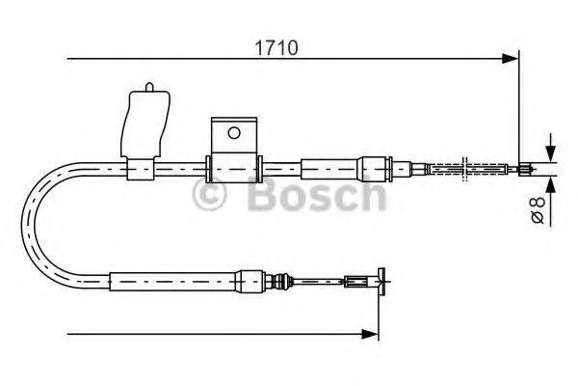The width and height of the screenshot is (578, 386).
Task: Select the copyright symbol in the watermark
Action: [210, 195]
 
